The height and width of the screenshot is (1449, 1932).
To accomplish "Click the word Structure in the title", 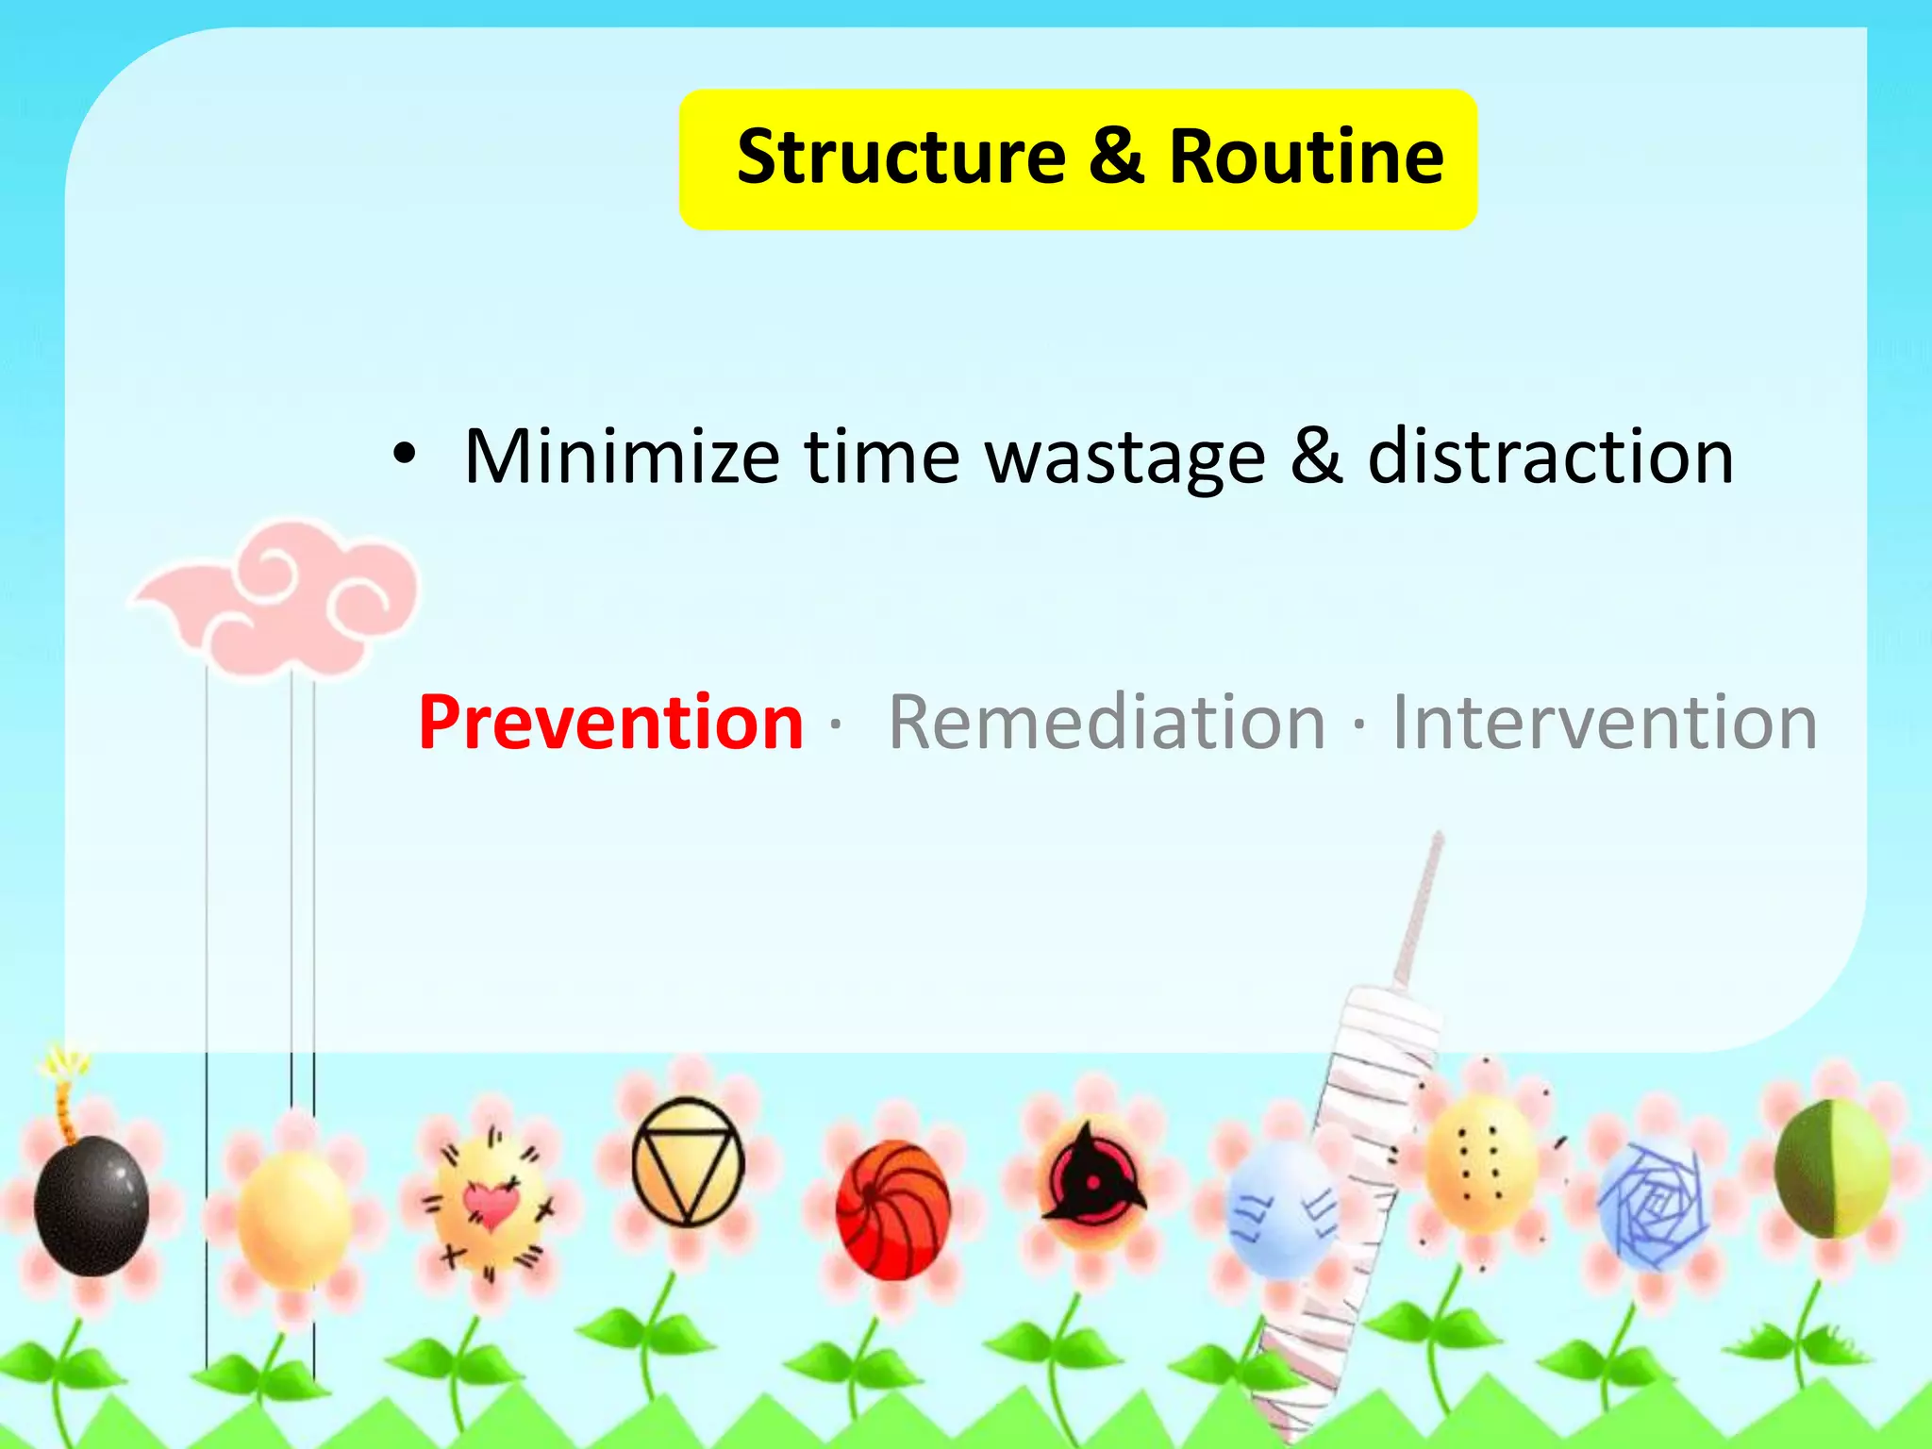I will click(901, 157).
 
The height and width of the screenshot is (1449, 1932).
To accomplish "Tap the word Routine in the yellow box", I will click(1306, 157).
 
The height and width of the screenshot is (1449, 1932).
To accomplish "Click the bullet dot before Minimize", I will click(404, 456).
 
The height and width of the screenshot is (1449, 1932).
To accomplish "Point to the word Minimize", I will click(622, 458).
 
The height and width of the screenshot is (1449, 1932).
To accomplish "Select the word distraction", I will click(1550, 458).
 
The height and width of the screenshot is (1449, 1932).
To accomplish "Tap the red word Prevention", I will click(610, 723).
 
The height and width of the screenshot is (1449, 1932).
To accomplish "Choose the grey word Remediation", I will click(1108, 723).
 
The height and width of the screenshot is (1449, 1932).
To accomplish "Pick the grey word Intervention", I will click(1605, 723).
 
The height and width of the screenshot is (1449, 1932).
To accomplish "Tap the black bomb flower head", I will click(92, 1206).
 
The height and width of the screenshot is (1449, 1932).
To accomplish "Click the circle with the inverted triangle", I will click(688, 1161).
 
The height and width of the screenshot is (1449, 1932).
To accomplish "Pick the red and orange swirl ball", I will click(892, 1209).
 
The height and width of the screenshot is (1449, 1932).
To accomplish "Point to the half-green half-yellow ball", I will click(1832, 1170).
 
